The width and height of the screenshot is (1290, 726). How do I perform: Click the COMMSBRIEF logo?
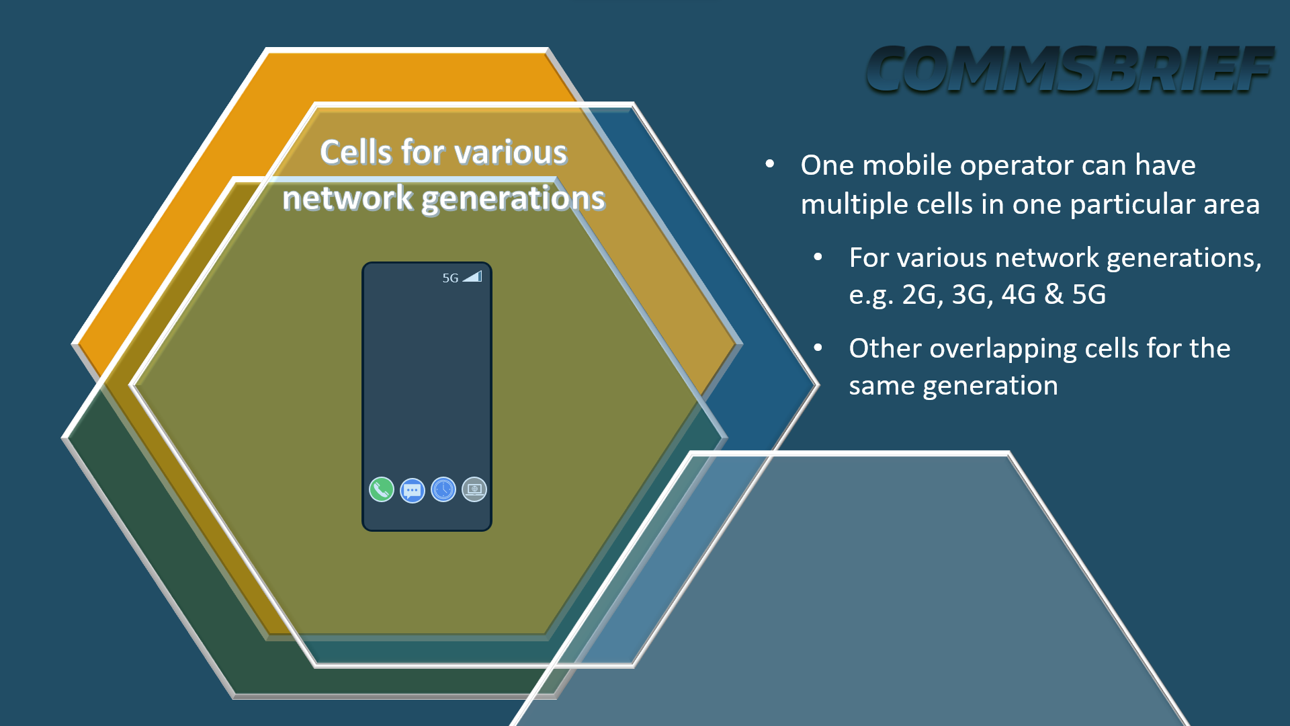1070,69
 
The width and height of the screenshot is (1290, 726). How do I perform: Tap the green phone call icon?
382,489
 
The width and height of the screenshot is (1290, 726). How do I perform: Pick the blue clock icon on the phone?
443,489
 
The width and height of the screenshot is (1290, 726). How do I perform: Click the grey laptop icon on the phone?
474,489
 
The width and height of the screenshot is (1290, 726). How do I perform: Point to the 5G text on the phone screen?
450,278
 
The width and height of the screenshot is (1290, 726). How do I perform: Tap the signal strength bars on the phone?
472,276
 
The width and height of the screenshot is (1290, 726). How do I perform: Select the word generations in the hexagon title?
513,200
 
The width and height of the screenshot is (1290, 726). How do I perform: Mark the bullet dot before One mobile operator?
770,164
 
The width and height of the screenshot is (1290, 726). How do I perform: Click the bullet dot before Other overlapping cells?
818,348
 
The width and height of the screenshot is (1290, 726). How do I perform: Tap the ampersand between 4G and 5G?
1054,294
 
